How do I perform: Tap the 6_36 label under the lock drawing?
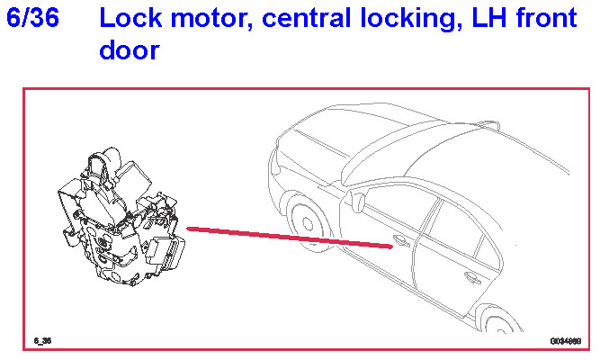click(42, 341)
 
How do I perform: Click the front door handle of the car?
click(401, 241)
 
